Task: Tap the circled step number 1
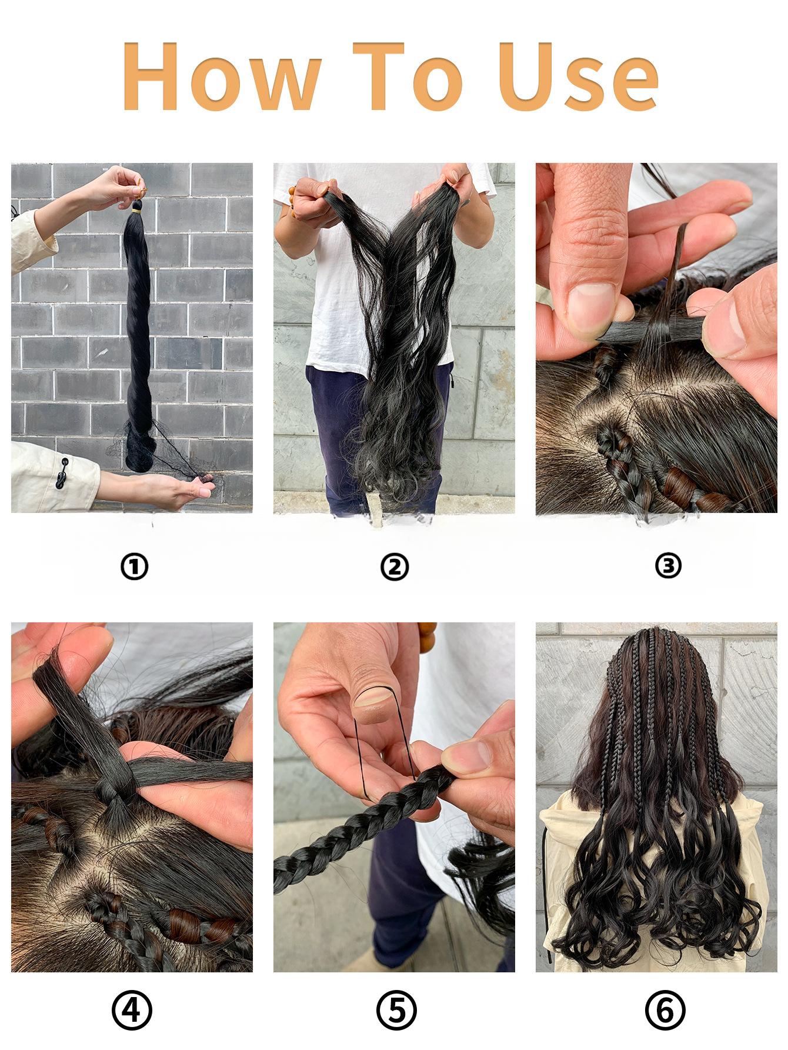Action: point(134,566)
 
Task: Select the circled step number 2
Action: point(394,566)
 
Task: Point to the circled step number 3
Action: point(667,566)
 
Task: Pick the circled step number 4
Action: point(132,1011)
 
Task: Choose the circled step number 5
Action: point(396,1011)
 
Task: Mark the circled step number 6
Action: point(665,1011)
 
